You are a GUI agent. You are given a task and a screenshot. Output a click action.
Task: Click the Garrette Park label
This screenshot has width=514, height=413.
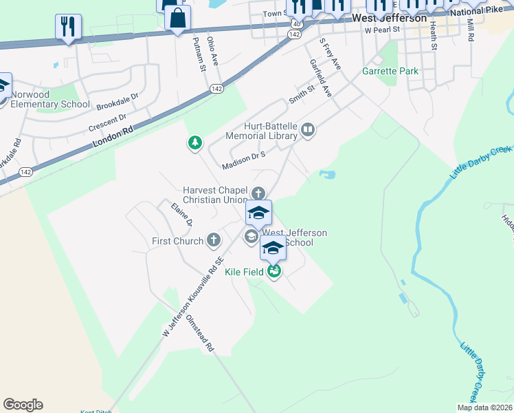pyautogui.click(x=390, y=72)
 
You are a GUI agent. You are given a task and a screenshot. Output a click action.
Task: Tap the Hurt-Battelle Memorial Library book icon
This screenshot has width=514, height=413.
pyautogui.click(x=309, y=130)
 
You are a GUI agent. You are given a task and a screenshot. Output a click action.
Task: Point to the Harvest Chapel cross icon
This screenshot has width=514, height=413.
pyautogui.click(x=258, y=193)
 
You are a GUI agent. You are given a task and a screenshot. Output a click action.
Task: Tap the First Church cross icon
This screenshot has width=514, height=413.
pyautogui.click(x=214, y=240)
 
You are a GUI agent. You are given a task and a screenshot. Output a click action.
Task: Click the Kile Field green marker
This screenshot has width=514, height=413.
pyautogui.click(x=274, y=272)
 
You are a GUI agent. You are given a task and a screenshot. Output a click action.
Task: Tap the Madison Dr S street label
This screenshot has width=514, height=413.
pyautogui.click(x=243, y=160)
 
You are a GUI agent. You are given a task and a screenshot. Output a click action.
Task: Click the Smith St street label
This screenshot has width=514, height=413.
pyautogui.click(x=301, y=94)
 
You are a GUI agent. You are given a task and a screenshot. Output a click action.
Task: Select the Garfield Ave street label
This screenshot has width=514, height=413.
pyautogui.click(x=320, y=77)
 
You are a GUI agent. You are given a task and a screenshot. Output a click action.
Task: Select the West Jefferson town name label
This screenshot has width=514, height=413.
pyautogui.click(x=389, y=18)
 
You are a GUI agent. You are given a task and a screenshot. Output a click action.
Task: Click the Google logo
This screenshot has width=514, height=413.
pyautogui.click(x=23, y=405)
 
